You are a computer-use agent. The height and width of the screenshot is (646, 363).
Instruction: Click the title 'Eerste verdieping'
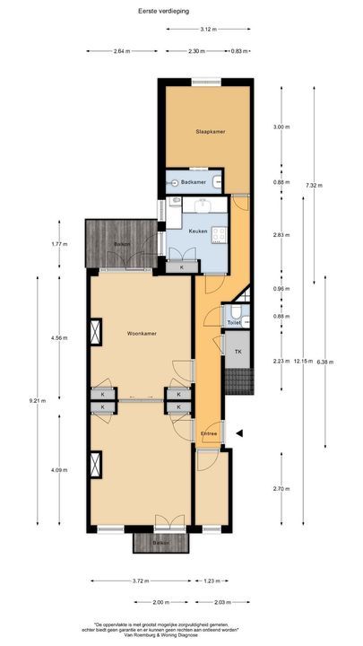pyautogui.click(x=181, y=11)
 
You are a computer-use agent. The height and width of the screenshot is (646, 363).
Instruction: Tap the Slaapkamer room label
pyautogui.click(x=210, y=132)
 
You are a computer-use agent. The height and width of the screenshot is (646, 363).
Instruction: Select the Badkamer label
pyautogui.click(x=193, y=182)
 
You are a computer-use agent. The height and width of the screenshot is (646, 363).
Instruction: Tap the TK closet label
pyautogui.click(x=238, y=352)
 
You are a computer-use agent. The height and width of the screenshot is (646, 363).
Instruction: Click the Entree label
pyautogui.click(x=209, y=433)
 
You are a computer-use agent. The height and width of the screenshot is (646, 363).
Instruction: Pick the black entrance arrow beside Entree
pyautogui.click(x=239, y=433)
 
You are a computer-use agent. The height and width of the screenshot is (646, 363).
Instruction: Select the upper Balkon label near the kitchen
pyautogui.click(x=121, y=244)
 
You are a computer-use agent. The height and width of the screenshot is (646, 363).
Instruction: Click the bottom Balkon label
pyautogui.click(x=160, y=544)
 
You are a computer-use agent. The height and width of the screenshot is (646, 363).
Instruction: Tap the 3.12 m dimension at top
pyautogui.click(x=209, y=29)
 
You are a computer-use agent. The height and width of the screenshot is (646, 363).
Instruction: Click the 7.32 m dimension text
pyautogui.click(x=313, y=186)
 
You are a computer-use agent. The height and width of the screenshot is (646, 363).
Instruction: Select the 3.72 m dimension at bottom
pyautogui.click(x=138, y=581)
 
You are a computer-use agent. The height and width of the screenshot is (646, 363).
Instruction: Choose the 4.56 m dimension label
pyautogui.click(x=58, y=338)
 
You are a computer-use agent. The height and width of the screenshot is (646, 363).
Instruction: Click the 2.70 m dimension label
pyautogui.click(x=281, y=490)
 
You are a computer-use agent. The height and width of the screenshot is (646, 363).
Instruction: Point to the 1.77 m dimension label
pyautogui.click(x=58, y=244)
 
